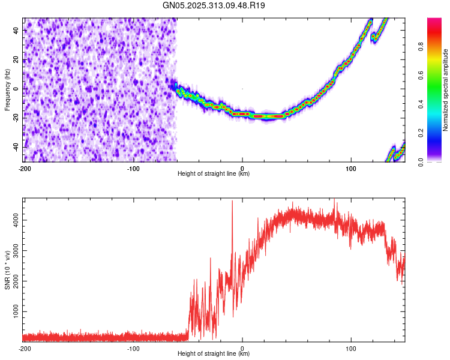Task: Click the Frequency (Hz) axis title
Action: pos(7,90)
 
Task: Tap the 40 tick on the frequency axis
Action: pos(16,30)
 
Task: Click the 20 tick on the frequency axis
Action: pos(16,59)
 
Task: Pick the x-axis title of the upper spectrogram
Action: pos(214,174)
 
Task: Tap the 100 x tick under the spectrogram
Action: pos(351,167)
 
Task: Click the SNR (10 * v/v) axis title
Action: pos(8,269)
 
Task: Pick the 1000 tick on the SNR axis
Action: pos(13,312)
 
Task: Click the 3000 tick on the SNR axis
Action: pos(13,251)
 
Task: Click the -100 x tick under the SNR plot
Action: pos(133,348)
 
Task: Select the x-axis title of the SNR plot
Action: pos(214,354)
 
